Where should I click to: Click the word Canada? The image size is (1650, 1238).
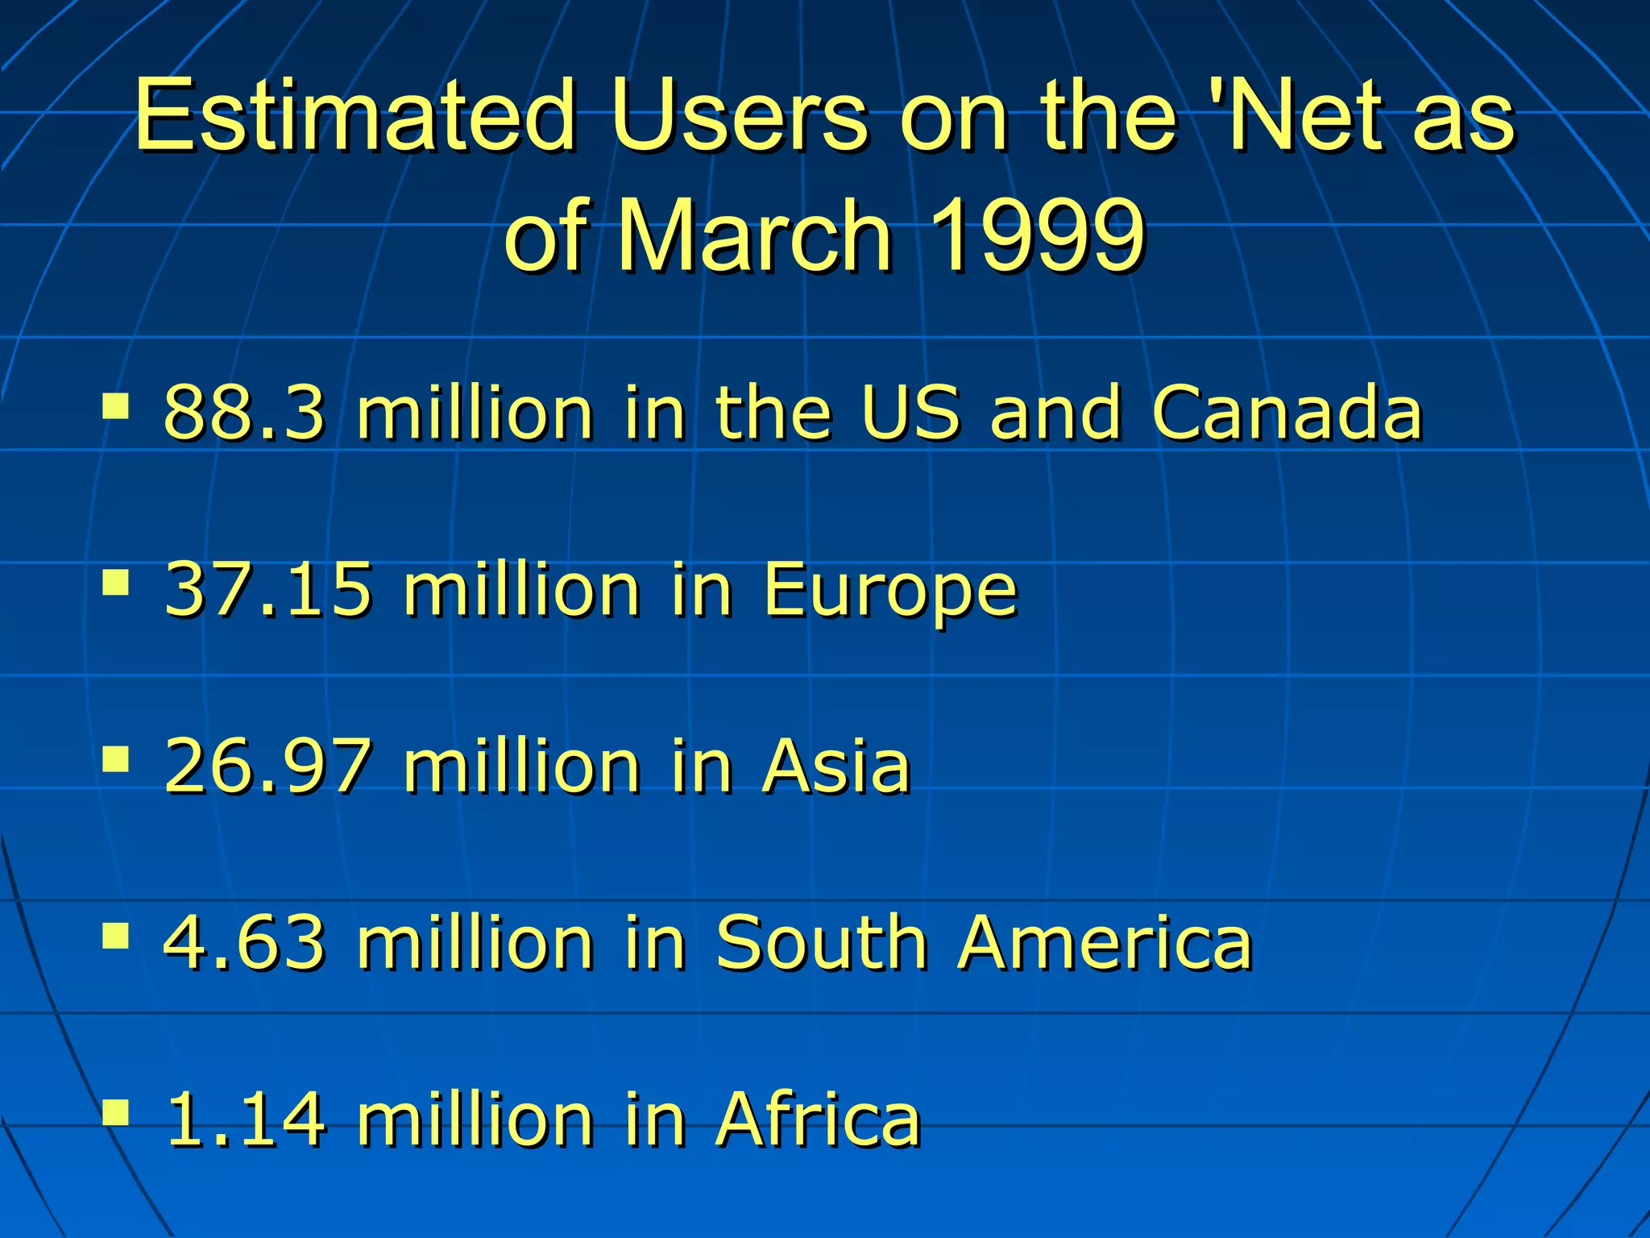point(1287,412)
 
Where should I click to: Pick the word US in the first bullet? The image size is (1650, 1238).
point(910,412)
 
